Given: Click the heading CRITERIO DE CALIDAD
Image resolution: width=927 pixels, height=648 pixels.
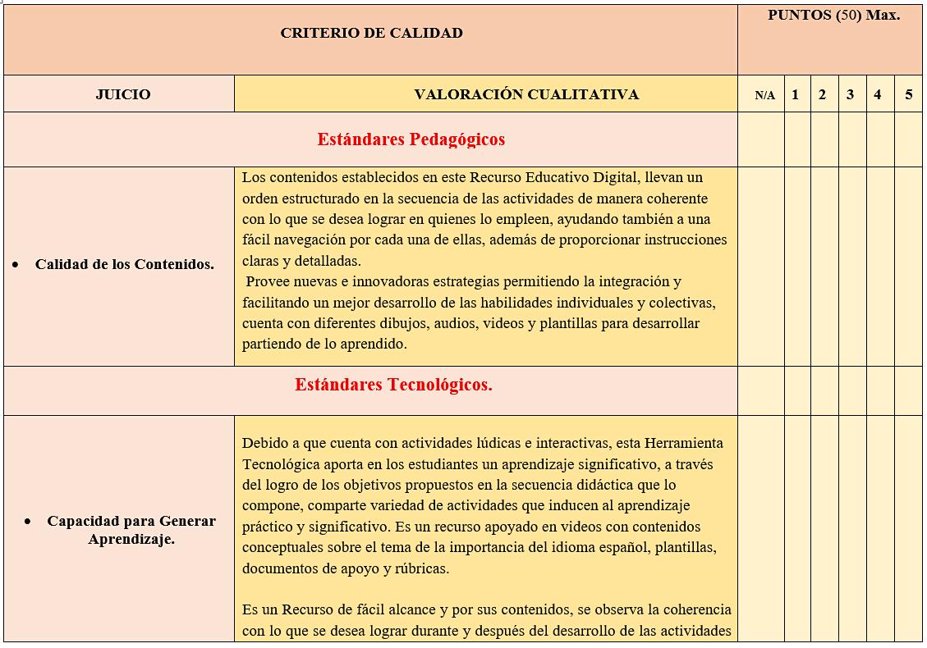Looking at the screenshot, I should pyautogui.click(x=371, y=34).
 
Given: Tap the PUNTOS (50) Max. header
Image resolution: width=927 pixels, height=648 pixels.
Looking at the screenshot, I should pyautogui.click(x=833, y=16).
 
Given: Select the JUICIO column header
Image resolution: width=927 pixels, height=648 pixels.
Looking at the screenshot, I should pyautogui.click(x=123, y=94).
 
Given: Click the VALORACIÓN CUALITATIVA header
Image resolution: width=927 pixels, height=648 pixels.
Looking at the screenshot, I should pyautogui.click(x=526, y=94).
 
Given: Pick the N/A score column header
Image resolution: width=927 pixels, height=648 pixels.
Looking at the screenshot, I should pyautogui.click(x=764, y=95).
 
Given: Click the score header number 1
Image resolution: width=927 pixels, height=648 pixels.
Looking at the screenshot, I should pyautogui.click(x=795, y=94).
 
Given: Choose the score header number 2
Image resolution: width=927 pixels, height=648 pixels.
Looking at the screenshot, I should pyautogui.click(x=822, y=94).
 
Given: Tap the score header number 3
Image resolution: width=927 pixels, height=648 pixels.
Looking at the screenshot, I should pyautogui.click(x=850, y=94).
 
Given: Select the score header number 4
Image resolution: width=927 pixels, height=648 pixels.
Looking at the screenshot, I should pyautogui.click(x=878, y=94).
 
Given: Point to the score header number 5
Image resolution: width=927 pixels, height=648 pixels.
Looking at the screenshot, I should pyautogui.click(x=908, y=94).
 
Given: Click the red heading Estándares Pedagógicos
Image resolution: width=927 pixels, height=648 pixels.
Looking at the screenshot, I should pyautogui.click(x=411, y=139).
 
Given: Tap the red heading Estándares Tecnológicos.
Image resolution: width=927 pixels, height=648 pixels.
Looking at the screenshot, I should pyautogui.click(x=393, y=385).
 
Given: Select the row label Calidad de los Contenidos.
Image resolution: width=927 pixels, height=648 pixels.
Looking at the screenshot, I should pyautogui.click(x=124, y=264).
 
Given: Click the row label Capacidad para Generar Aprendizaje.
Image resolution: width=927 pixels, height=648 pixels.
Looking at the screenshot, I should pyautogui.click(x=131, y=530).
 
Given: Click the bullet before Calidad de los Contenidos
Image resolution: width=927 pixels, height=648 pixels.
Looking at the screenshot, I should pyautogui.click(x=16, y=265).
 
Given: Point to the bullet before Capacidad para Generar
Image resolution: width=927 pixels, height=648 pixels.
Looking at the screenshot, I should pyautogui.click(x=29, y=522).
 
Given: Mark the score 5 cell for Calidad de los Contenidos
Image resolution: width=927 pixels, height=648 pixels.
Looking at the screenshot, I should pyautogui.click(x=908, y=267).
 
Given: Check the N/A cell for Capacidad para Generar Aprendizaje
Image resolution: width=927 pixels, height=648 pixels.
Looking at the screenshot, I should pyautogui.click(x=761, y=529).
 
